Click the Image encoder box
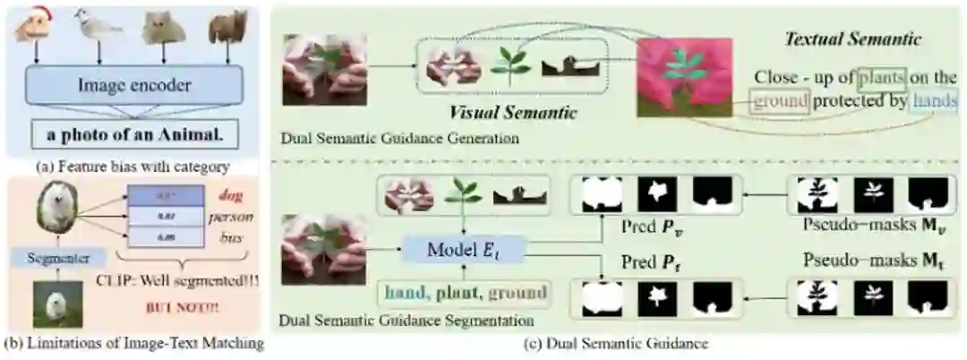click(x=133, y=86)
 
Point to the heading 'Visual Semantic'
click(x=514, y=115)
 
